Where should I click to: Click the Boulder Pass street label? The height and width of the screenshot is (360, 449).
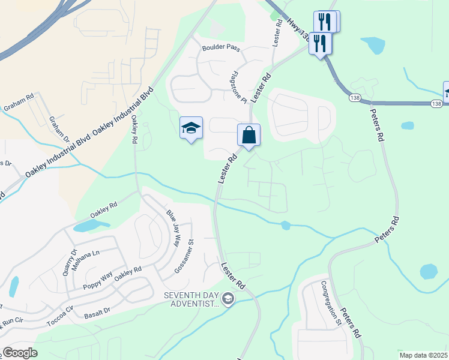[220, 47]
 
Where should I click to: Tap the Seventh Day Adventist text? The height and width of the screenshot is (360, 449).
[193, 299]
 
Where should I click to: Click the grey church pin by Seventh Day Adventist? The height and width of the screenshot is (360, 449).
[228, 298]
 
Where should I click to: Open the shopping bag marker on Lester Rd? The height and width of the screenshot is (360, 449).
[249, 136]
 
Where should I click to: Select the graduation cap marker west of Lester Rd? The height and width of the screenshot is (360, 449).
[191, 128]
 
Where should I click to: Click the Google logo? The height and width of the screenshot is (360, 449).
[20, 353]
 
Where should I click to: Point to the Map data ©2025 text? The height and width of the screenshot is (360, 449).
[423, 355]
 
